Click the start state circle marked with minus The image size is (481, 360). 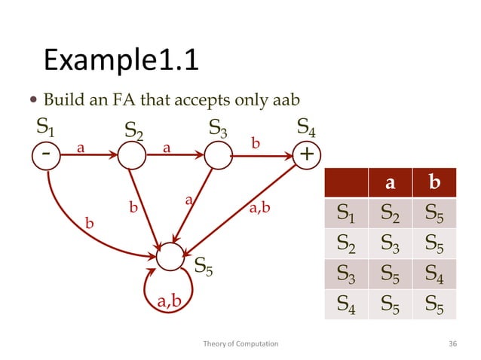pyautogui.click(x=47, y=155)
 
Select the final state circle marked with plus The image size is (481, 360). pyautogui.click(x=307, y=155)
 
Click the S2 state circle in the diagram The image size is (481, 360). pyautogui.click(x=132, y=155)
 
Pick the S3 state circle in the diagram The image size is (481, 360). pyautogui.click(x=217, y=155)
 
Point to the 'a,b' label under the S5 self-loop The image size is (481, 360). pyautogui.click(x=169, y=301)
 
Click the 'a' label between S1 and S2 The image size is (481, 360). pyautogui.click(x=80, y=148)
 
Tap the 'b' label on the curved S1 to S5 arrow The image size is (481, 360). pyautogui.click(x=90, y=224)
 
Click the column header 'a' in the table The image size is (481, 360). pyautogui.click(x=390, y=183)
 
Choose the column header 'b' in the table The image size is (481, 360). pyautogui.click(x=434, y=183)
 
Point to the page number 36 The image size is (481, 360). pyautogui.click(x=452, y=343)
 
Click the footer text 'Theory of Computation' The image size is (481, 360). pyautogui.click(x=240, y=343)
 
